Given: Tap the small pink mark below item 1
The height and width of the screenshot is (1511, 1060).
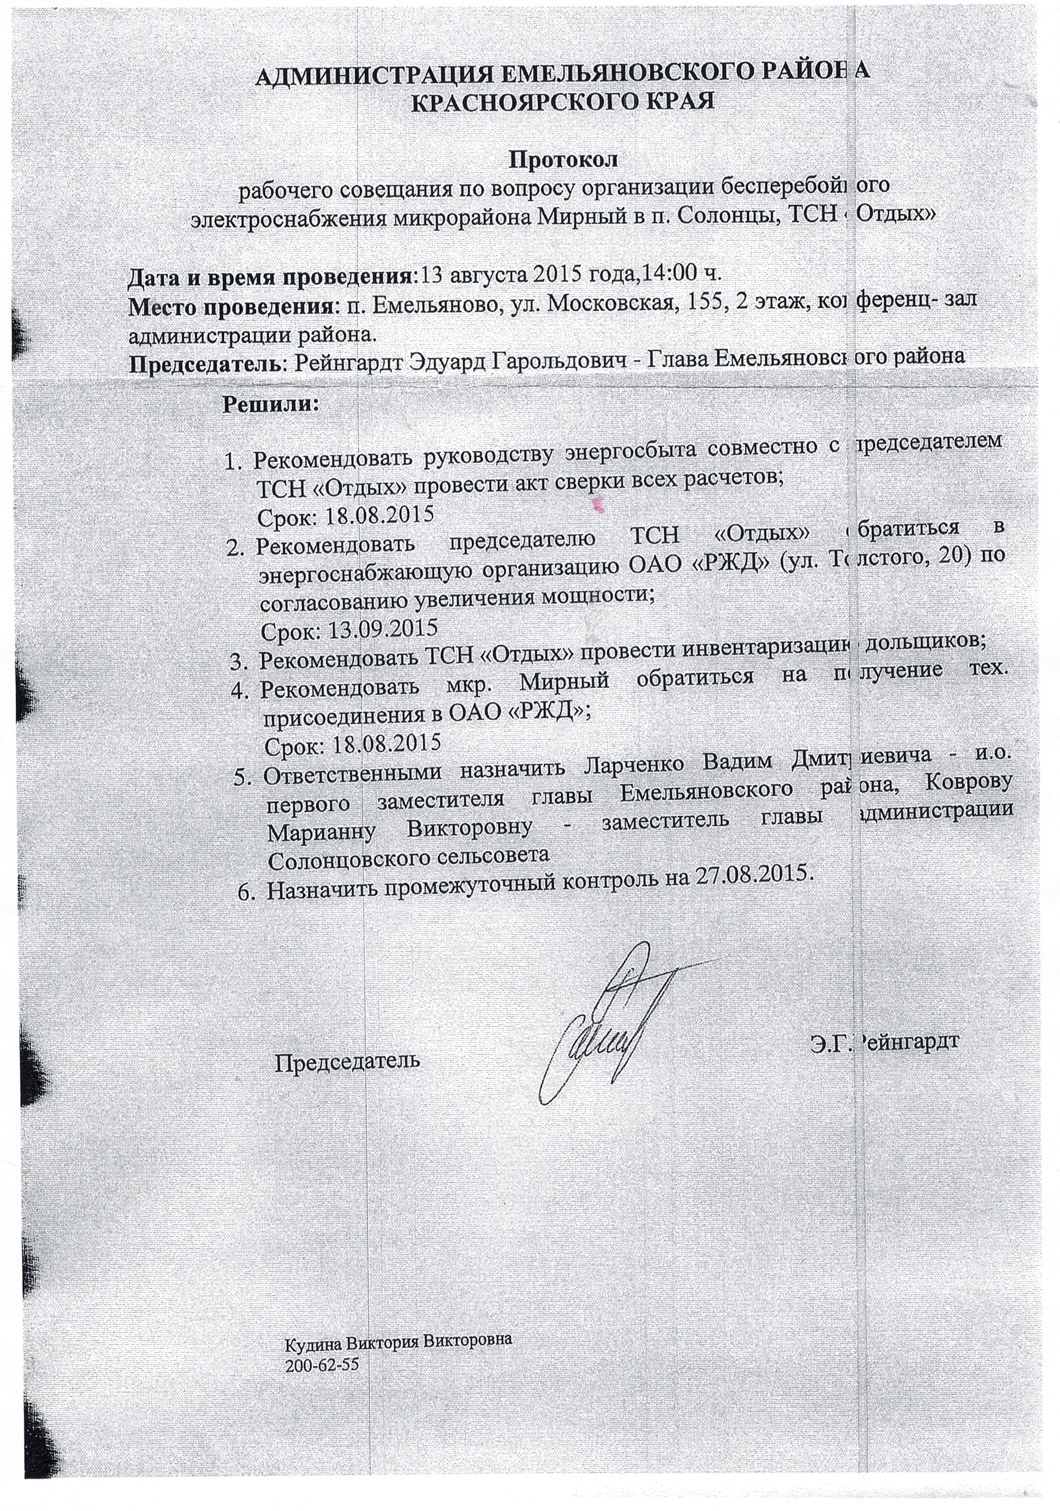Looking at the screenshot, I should [x=599, y=505].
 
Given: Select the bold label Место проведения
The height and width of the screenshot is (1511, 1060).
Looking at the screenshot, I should [x=231, y=306].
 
